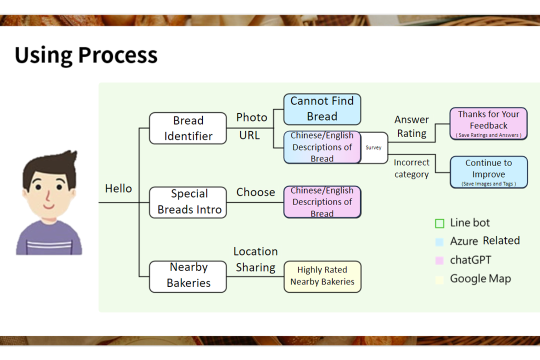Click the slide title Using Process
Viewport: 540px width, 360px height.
[86, 55]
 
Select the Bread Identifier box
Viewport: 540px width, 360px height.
[188, 128]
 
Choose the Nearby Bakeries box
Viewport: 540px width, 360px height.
[188, 275]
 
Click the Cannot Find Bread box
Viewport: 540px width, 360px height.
[322, 109]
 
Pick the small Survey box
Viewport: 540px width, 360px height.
[373, 147]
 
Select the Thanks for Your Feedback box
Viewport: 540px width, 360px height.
[488, 123]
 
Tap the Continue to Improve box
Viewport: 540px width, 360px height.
[488, 171]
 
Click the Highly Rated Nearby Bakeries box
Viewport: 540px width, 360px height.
[322, 276]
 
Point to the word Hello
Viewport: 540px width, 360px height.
[118, 189]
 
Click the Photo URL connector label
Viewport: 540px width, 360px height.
[251, 126]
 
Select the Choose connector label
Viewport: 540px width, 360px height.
[255, 192]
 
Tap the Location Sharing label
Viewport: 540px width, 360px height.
[255, 259]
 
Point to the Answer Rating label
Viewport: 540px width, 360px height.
[411, 126]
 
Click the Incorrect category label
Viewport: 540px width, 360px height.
[411, 168]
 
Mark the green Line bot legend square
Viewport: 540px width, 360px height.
[439, 223]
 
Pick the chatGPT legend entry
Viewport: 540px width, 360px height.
[470, 260]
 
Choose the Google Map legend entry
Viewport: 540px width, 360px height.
[480, 279]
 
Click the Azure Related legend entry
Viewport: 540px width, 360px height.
[484, 241]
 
